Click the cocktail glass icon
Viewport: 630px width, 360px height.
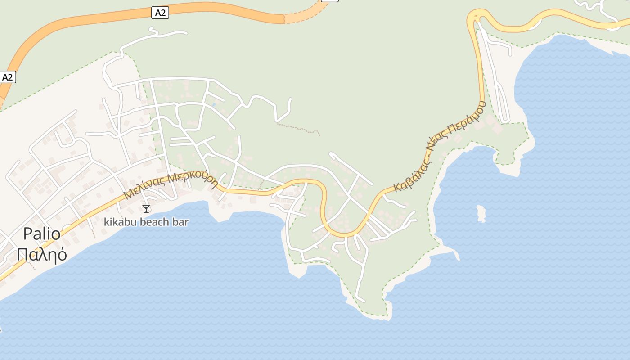click(146, 208)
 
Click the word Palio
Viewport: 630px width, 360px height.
click(41, 234)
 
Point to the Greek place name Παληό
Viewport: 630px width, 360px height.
click(42, 254)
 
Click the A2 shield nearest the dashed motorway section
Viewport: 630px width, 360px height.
click(160, 13)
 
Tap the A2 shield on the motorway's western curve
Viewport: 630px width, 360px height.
click(8, 77)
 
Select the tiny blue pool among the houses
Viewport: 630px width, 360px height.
click(214, 104)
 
